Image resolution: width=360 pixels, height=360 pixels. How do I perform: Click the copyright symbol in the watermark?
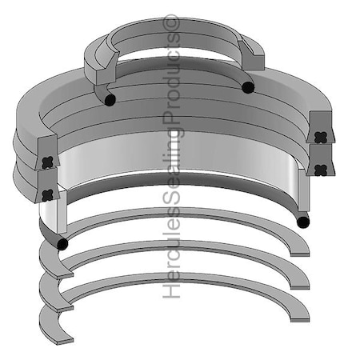coord(172,23)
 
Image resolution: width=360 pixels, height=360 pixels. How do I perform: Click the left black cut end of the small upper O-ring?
coord(110,99)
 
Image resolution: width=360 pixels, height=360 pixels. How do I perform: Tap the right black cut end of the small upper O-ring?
coord(248,87)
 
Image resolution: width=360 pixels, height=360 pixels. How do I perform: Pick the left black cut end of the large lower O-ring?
coord(62,244)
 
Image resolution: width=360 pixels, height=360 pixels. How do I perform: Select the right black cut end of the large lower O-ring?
coord(302,222)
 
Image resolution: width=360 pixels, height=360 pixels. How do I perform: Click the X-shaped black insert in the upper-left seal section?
coord(47,162)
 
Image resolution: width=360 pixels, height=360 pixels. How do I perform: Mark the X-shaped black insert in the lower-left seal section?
coord(48,194)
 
